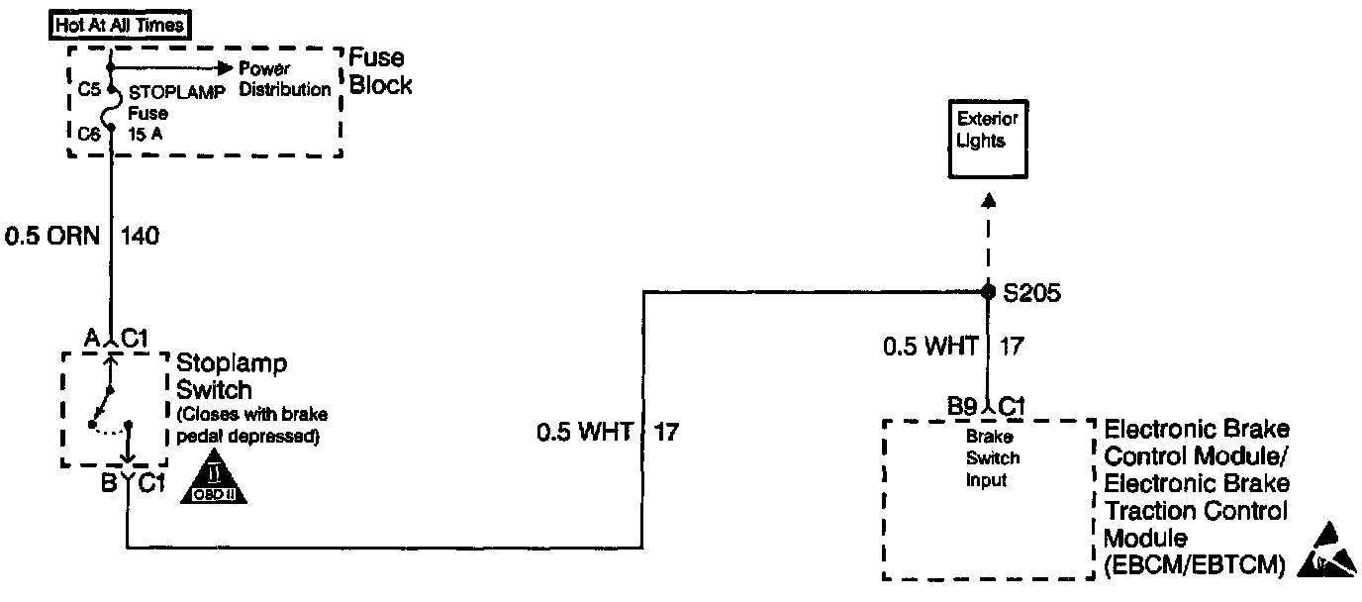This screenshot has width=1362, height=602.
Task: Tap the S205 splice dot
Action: coord(987,292)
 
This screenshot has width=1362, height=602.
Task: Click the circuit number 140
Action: coord(140,237)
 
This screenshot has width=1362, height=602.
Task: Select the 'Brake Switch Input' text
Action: coord(993,458)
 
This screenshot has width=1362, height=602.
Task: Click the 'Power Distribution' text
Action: coord(285,79)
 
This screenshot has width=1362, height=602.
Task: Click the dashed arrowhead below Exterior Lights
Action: coord(987,200)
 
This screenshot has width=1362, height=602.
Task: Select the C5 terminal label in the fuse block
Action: coord(88,89)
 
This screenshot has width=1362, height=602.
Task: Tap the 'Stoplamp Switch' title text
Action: coord(232,376)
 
